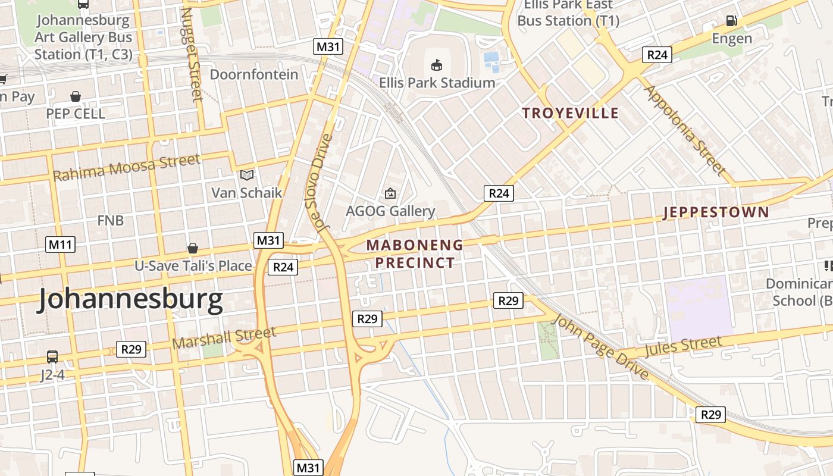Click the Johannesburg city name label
pyautogui.click(x=130, y=299)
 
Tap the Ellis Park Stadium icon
pyautogui.click(x=437, y=64)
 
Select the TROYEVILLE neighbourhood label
pyautogui.click(x=570, y=113)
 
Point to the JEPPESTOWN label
pyautogui.click(x=716, y=212)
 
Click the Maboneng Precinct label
pyautogui.click(x=415, y=253)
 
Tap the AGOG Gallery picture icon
pyautogui.click(x=390, y=193)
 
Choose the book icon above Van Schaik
pyautogui.click(x=246, y=175)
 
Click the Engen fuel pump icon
pyautogui.click(x=731, y=21)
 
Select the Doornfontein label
pyautogui.click(x=254, y=74)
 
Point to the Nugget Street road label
pyautogui.click(x=192, y=54)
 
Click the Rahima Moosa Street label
pyautogui.click(x=127, y=167)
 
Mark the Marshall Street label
pyautogui.click(x=224, y=337)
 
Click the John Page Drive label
pyautogui.click(x=600, y=347)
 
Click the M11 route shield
pyautogui.click(x=60, y=244)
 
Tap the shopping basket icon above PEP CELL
pyautogui.click(x=76, y=96)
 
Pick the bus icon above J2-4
pyautogui.click(x=52, y=357)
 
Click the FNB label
pyautogui.click(x=111, y=220)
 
